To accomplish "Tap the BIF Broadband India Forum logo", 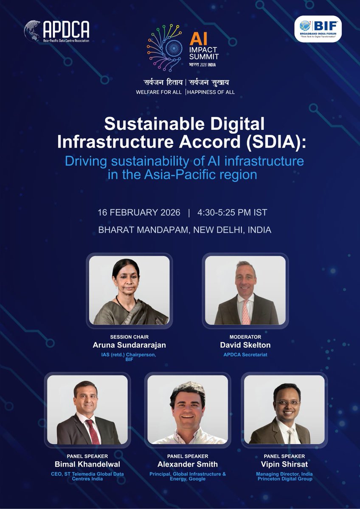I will click(318, 29).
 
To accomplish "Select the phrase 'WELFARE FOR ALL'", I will click(159, 92).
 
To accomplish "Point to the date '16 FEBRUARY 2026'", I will click(139, 213).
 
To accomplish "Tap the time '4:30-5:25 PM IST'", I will click(231, 213).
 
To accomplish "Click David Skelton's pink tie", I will click(246, 312).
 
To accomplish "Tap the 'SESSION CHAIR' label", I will click(129, 337).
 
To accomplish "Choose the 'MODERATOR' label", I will click(245, 337).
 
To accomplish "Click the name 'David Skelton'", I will click(245, 345).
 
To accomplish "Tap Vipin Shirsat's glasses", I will click(287, 402).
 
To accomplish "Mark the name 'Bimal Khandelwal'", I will click(87, 464).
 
